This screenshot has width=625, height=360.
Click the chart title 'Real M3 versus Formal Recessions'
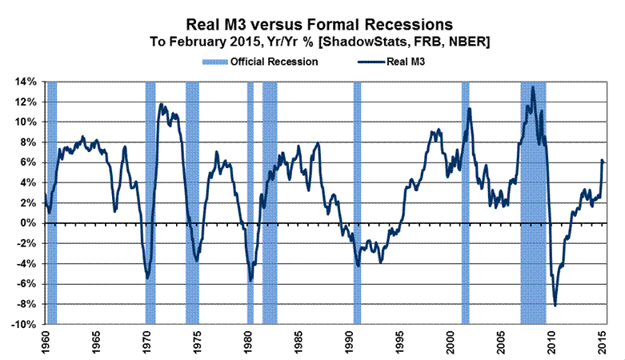(311, 25)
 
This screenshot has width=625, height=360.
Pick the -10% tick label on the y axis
(22, 325)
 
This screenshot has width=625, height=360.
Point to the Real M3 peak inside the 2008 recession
(533, 86)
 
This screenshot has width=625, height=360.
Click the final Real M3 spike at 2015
(601, 161)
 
